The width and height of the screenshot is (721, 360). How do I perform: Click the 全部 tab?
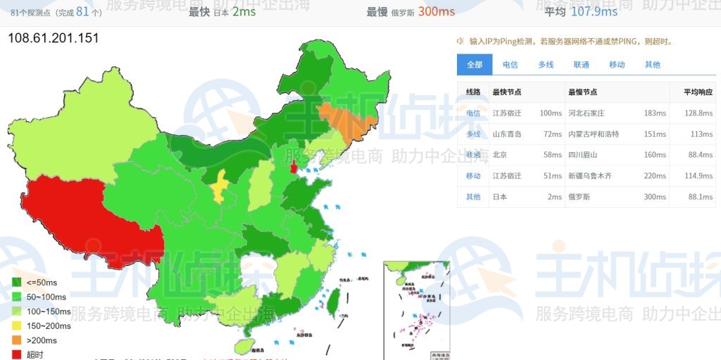click(x=475, y=65)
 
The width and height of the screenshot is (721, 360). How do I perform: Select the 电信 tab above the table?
click(x=510, y=65)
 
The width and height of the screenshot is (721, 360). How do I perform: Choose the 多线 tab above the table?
click(x=546, y=65)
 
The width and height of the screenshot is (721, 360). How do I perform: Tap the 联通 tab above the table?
click(x=582, y=65)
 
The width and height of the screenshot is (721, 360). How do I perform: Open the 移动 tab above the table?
click(x=617, y=65)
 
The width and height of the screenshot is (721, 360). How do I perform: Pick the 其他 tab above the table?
click(x=653, y=65)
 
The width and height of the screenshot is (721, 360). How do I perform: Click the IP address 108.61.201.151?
click(x=54, y=38)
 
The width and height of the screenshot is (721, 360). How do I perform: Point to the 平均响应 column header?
click(x=698, y=92)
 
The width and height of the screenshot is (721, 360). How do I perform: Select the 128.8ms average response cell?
click(x=698, y=113)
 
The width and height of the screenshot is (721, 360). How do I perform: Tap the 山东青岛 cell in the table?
click(x=507, y=134)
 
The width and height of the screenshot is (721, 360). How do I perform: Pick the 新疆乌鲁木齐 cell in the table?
click(x=590, y=176)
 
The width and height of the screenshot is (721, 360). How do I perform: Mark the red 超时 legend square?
click(x=17, y=354)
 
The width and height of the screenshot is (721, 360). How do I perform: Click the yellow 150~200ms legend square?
click(x=17, y=325)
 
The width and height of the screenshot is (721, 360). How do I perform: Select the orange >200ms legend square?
click(x=17, y=340)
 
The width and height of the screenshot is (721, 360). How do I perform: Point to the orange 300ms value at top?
click(x=437, y=12)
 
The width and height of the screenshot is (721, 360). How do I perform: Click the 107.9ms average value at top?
click(x=594, y=12)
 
